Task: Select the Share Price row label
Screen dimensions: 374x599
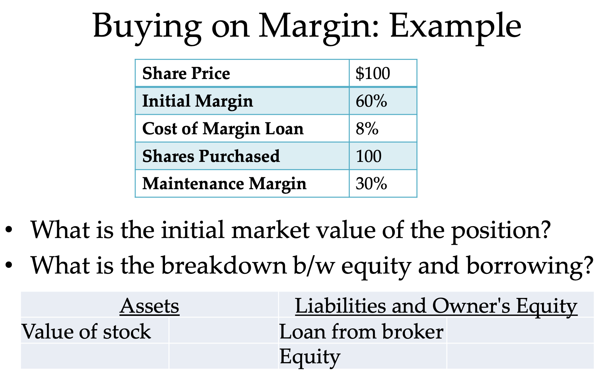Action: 186,73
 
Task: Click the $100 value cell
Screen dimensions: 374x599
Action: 373,73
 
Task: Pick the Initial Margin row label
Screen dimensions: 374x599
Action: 198,101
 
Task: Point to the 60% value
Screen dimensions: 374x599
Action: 371,101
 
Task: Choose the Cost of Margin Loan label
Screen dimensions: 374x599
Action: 223,128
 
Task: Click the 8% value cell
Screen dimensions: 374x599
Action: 367,128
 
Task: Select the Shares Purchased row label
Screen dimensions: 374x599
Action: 211,156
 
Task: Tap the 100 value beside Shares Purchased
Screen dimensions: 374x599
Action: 368,156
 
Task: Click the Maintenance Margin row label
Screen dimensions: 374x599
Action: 224,184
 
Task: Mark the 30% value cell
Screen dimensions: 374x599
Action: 371,184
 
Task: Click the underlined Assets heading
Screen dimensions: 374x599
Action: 150,306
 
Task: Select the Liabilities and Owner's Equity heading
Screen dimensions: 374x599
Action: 436,306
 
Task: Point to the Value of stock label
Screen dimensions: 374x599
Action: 86,331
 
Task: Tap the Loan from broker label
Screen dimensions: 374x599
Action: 361,331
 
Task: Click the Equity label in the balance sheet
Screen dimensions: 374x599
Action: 310,356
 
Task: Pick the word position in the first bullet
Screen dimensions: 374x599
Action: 500,230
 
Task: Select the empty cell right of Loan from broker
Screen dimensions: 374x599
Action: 520,331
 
